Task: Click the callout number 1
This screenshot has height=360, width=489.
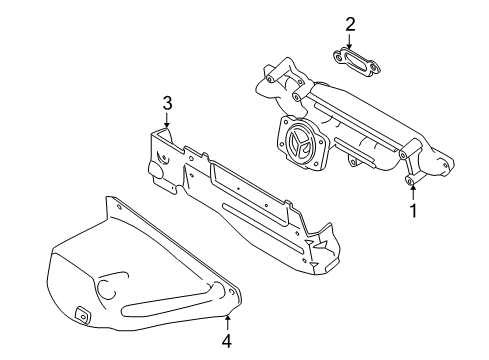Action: point(413,211)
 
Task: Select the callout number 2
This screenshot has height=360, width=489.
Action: point(350,25)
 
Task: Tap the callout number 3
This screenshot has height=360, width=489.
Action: point(167,103)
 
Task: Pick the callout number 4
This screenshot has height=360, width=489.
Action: point(227,341)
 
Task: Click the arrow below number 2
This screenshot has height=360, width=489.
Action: point(349,41)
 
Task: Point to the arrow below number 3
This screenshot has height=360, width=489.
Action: point(167,119)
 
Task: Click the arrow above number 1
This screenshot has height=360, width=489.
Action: point(413,193)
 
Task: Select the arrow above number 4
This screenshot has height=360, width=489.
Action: point(227,323)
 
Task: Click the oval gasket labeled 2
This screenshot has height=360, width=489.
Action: point(357,62)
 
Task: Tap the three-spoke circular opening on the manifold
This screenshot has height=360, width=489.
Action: point(301,145)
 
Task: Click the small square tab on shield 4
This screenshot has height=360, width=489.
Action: point(82,315)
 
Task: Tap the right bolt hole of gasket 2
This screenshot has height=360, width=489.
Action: point(374,70)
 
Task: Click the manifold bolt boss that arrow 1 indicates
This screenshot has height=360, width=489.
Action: point(409,180)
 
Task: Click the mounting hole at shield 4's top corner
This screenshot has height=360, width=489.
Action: point(118,207)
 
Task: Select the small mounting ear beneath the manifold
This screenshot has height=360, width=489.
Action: point(354,162)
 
